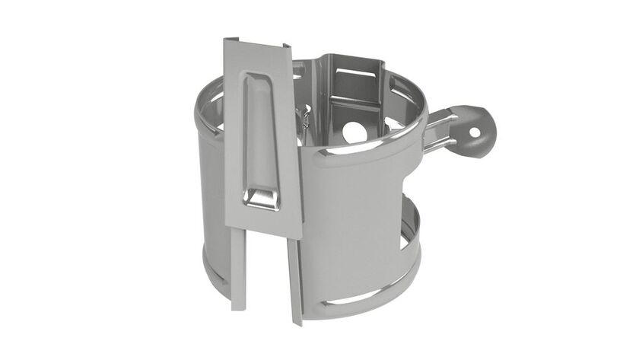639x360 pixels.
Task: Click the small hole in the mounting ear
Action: point(475,131)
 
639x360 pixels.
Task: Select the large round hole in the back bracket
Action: point(355,131)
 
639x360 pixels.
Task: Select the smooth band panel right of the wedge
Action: point(350,221)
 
